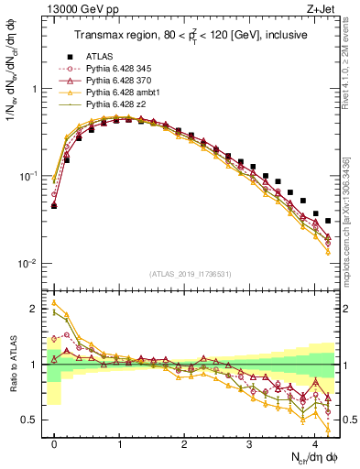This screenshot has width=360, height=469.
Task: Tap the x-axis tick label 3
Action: (x=249, y=442)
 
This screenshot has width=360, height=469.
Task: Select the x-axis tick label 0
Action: (x=55, y=442)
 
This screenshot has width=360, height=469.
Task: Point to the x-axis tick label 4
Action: (x=314, y=442)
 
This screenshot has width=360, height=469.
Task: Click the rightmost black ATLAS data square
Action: (x=328, y=221)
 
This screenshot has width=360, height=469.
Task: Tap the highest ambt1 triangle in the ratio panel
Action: (x=55, y=303)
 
